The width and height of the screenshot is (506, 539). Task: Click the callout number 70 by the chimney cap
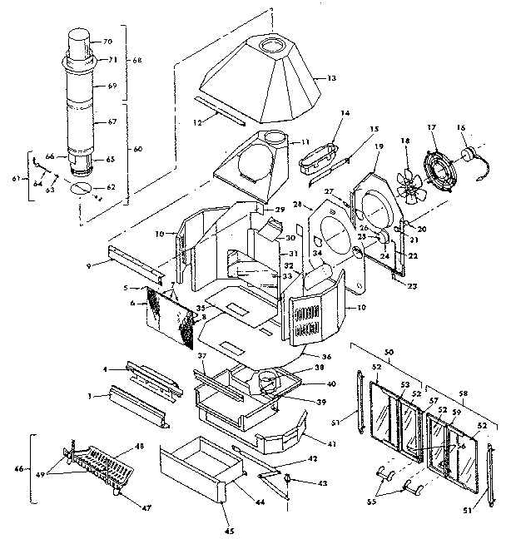point(107,42)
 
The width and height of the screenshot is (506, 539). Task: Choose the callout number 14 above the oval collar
point(345,112)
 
